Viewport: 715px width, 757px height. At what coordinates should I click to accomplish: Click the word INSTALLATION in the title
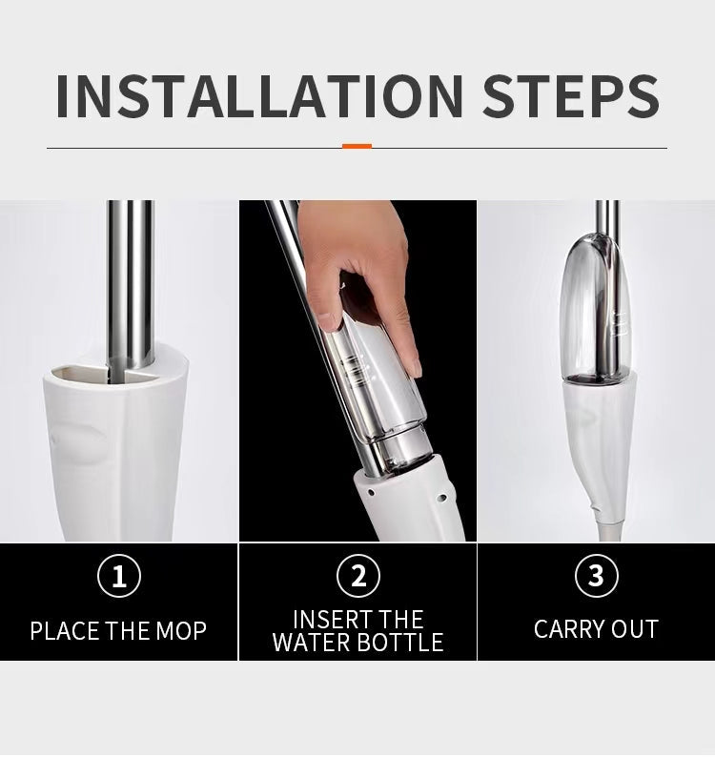259,96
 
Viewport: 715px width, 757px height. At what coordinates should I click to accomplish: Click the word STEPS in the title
571,96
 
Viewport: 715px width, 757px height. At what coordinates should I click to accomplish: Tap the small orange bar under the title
357,146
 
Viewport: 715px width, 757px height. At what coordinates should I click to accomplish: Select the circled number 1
119,576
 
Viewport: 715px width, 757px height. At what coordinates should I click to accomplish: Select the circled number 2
358,576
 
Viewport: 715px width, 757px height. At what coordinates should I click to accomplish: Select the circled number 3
597,576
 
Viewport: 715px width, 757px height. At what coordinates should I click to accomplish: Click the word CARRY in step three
562,629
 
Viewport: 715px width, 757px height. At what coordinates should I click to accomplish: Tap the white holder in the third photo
599,449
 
